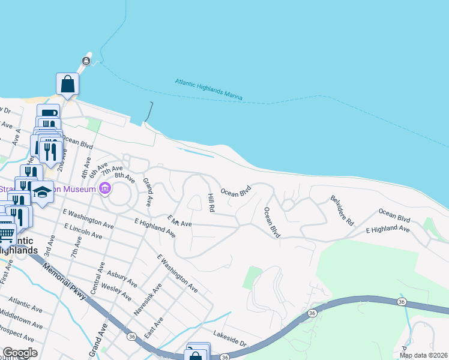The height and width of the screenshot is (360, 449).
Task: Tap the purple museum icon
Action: tap(105, 190)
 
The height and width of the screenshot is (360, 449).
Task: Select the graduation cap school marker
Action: tap(43, 192)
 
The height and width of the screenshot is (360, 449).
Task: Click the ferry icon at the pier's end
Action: tap(87, 61)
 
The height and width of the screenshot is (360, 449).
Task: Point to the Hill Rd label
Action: tap(211, 203)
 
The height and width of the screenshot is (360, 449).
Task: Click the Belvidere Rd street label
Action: tap(342, 210)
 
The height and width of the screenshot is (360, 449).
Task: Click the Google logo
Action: tap(20, 353)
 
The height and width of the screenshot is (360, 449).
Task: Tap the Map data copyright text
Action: tap(423, 355)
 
